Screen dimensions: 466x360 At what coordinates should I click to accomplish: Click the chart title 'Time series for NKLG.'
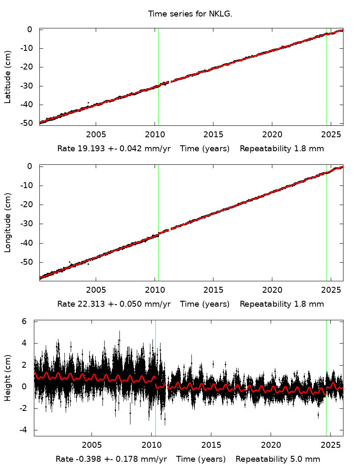190,14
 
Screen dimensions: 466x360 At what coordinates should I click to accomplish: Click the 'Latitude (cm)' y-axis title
8,76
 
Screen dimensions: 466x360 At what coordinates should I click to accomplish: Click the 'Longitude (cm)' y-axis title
8,223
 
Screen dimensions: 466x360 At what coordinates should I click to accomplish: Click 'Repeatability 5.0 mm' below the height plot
278,459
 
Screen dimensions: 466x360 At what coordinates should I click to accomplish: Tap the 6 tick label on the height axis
25,322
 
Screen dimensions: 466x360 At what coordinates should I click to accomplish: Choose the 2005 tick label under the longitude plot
96,290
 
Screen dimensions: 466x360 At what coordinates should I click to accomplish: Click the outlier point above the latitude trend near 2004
88,103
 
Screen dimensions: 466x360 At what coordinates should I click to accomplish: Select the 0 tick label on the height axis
25,386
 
